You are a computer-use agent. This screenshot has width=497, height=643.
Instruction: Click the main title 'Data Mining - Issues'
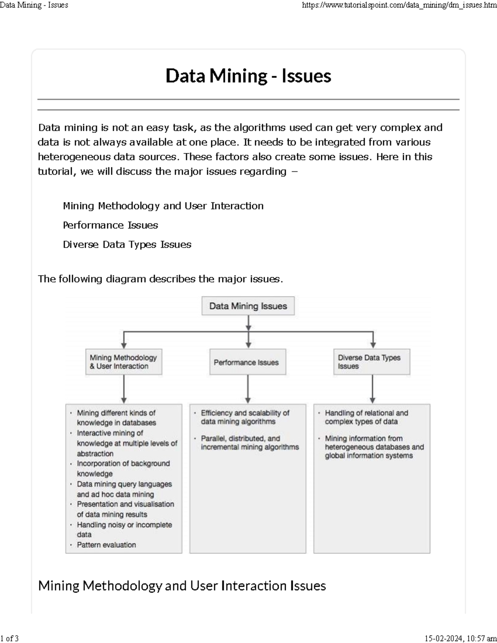coord(248,76)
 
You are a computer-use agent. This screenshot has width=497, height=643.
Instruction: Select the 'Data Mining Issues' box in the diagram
coord(248,306)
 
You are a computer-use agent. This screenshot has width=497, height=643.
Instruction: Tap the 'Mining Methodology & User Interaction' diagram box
coord(123,362)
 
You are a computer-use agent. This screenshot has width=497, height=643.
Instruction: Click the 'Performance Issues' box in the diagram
coord(248,362)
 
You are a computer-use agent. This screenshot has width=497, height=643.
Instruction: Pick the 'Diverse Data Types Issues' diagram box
coord(372,362)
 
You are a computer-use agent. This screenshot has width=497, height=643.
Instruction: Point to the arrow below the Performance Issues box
coord(248,389)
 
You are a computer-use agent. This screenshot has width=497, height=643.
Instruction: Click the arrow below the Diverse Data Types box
coord(372,389)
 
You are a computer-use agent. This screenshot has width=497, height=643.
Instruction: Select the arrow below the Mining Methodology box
coord(123,389)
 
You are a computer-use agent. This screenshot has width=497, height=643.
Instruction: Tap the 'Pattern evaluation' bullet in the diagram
coord(106,545)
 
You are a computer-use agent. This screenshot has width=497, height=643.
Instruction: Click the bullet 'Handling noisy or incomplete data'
coord(124,530)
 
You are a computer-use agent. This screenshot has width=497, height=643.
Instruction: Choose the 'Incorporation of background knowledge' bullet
coord(123,468)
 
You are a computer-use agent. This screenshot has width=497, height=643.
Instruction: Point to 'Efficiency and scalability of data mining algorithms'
coord(245,417)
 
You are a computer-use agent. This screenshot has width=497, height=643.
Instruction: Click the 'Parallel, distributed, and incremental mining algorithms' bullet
coord(249,443)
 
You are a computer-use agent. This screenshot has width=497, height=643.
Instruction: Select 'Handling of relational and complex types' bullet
coord(366,417)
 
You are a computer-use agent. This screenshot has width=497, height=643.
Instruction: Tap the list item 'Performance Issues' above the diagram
coord(110,225)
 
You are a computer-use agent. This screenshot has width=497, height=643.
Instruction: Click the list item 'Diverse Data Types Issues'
coord(127,245)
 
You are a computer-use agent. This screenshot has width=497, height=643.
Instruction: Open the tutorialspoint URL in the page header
coord(399,5)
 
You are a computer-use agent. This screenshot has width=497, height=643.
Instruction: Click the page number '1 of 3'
coord(10,638)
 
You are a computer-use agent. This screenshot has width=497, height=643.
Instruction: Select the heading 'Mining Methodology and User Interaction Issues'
coord(182,585)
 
